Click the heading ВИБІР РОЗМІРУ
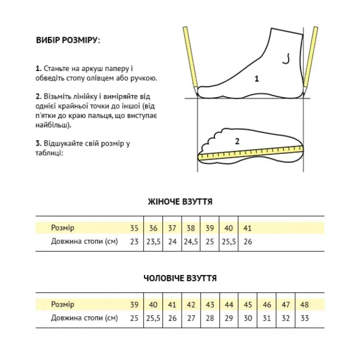[x=67, y=41]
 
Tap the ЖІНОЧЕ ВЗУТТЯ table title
[x=180, y=202]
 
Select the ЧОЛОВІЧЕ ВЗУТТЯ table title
[x=180, y=278]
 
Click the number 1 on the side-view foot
[x=257, y=78]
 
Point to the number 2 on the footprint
[x=237, y=141]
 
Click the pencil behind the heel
[x=190, y=59]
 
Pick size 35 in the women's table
[x=134, y=228]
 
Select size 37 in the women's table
[x=172, y=228]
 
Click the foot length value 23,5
[x=153, y=242]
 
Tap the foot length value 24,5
[x=191, y=242]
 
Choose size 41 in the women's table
[x=248, y=228]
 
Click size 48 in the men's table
[x=305, y=305]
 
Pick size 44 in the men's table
[x=229, y=305]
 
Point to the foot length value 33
[x=305, y=319]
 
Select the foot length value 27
[x=191, y=319]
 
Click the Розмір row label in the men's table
[x=63, y=305]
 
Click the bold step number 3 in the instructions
[x=38, y=143]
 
